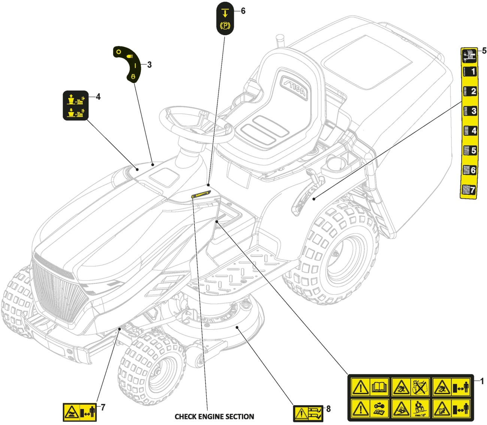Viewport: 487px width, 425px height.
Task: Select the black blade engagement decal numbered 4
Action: pos(75,106)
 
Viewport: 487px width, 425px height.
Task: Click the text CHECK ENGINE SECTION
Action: pos(214,416)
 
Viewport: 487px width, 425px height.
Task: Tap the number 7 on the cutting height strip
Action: pos(468,190)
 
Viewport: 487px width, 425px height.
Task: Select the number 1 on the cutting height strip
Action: pos(469,71)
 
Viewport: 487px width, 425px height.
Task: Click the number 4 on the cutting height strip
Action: pos(469,131)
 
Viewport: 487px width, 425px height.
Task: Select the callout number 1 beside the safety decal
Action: pos(482,382)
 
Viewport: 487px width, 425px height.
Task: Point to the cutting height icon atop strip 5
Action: pos(468,55)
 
